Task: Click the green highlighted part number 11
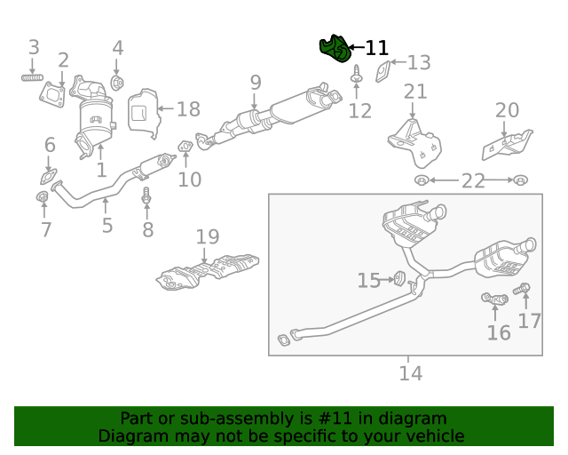[334, 51]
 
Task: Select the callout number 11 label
[377, 48]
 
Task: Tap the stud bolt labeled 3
[34, 79]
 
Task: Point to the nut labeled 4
[117, 84]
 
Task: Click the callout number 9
[256, 83]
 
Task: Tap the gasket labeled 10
[186, 145]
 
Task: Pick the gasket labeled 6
[50, 174]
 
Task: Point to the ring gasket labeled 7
[43, 196]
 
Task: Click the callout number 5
[106, 226]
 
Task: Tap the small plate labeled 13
[383, 70]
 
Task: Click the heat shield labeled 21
[414, 142]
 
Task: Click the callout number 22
[472, 181]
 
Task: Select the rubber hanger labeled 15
[399, 279]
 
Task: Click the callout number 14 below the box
[409, 373]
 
